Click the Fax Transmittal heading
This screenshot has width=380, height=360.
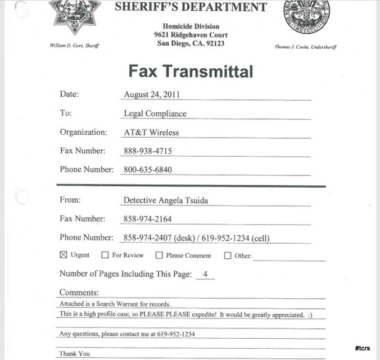point(191,71)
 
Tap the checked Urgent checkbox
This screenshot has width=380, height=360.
point(64,255)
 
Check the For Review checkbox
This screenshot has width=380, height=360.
point(105,255)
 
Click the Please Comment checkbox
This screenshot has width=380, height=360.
point(159,255)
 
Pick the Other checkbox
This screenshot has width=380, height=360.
point(228,256)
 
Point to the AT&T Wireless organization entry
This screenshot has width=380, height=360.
point(151,133)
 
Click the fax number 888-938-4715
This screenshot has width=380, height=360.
point(147,151)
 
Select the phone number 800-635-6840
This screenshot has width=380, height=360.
point(147,170)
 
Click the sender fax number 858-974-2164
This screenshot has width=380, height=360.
point(147,218)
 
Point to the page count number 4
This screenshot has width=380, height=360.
point(205,275)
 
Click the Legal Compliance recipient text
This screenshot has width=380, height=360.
point(155,113)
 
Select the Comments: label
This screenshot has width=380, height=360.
point(79,293)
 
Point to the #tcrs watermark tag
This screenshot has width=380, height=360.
point(362,348)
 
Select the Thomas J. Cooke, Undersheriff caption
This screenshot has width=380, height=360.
point(305,47)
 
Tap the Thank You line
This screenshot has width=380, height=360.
point(75,354)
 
